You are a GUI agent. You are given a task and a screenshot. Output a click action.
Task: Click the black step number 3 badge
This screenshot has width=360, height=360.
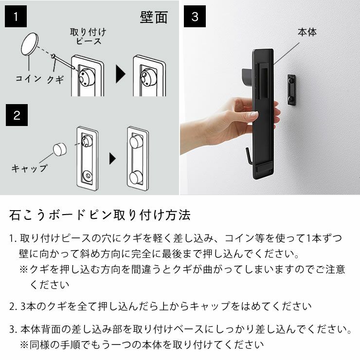coord(195,17)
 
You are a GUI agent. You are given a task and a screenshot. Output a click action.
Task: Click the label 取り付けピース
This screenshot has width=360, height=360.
coord(88,36)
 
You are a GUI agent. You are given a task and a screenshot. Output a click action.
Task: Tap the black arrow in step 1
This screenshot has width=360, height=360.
coord(119,75)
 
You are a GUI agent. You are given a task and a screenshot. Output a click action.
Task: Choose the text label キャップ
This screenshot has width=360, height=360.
coord(30,168)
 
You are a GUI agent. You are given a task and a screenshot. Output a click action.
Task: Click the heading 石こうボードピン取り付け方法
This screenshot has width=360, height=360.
coord(100,215)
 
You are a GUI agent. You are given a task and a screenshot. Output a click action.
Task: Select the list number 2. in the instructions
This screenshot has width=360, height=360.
coord(13,306)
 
